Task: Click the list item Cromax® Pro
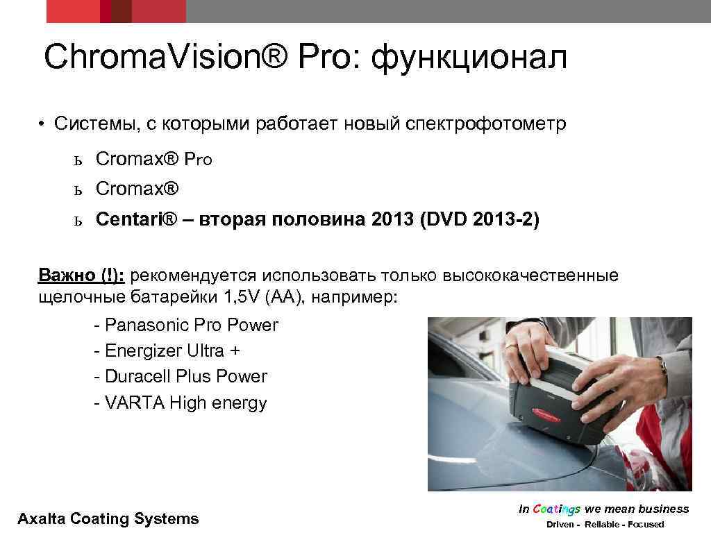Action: coord(153,159)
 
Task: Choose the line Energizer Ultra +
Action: coord(167,350)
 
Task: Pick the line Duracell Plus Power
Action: coord(180,376)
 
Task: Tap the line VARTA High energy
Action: coord(180,403)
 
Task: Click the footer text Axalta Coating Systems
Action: coord(108,518)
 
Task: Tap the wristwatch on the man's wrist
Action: coord(663,364)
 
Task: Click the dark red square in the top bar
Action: coord(122,11)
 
